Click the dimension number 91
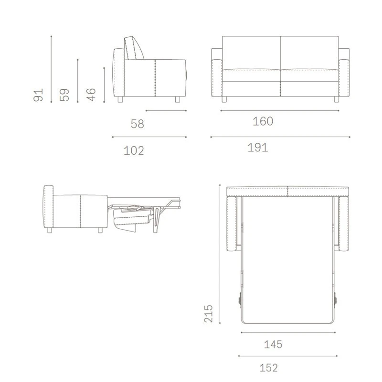[38, 95]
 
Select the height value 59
[64, 95]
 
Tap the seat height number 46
[91, 95]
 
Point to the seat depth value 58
[138, 124]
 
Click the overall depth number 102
[134, 150]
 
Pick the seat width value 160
[263, 121]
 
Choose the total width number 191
[258, 148]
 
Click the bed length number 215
[209, 314]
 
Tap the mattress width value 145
[273, 344]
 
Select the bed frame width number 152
[269, 368]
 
